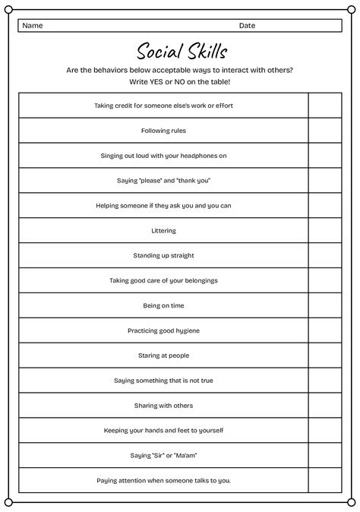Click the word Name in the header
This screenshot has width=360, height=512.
[x=32, y=26]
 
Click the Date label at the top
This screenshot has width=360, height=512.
[x=247, y=26]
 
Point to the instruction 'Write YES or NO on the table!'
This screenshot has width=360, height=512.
[x=179, y=81]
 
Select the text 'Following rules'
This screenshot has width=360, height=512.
[x=163, y=131]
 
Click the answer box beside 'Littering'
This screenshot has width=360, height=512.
[x=324, y=230]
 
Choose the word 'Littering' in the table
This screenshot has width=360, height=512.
[x=163, y=230]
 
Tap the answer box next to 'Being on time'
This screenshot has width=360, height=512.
[x=324, y=305]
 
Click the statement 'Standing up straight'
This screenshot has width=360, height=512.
[x=163, y=255]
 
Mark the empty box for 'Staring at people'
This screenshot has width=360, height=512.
[x=324, y=356]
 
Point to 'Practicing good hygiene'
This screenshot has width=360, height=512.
[x=163, y=330]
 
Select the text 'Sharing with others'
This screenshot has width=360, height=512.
[x=163, y=406]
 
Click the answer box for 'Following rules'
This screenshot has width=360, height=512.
[x=324, y=131]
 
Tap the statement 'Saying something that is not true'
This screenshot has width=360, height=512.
[x=163, y=381]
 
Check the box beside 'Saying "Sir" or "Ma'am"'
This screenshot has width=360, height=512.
[x=324, y=456]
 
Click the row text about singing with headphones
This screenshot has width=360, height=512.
[x=163, y=156]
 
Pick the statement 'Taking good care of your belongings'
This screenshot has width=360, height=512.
[x=163, y=280]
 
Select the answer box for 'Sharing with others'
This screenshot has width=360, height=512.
[x=324, y=406]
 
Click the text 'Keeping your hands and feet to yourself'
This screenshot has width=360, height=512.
[x=163, y=431]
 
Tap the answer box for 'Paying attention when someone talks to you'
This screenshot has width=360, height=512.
[x=324, y=481]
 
